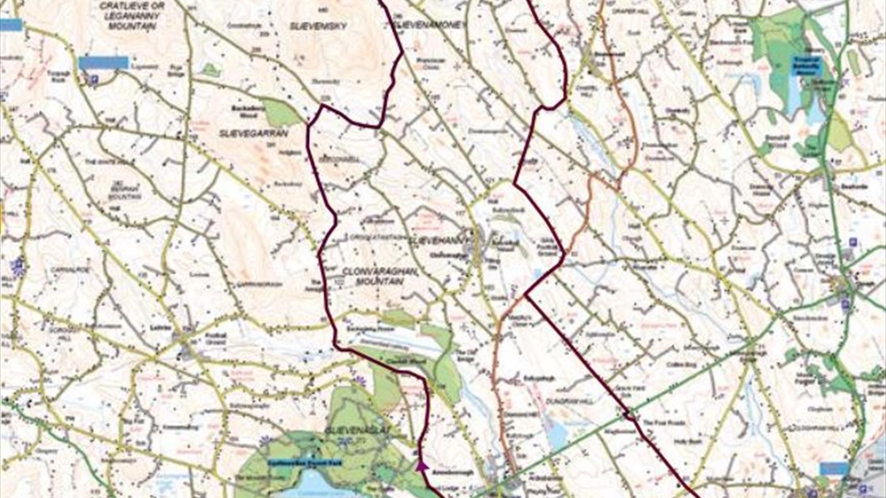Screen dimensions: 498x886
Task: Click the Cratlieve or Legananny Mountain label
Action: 132,16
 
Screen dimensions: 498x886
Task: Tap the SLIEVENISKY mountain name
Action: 318,26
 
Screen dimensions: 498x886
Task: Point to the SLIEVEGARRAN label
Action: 253,133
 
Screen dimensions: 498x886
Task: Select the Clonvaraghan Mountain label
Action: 380,276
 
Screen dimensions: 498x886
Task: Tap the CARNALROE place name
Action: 70,269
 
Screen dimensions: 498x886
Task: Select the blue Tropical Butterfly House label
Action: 807,66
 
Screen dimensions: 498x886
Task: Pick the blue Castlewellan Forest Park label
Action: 305,462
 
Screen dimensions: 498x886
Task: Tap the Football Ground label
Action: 216,338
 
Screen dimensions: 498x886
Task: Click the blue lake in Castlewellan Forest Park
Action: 314,486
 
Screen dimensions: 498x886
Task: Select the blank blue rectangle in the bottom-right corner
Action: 834,469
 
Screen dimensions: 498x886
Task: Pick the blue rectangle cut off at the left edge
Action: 11,25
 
